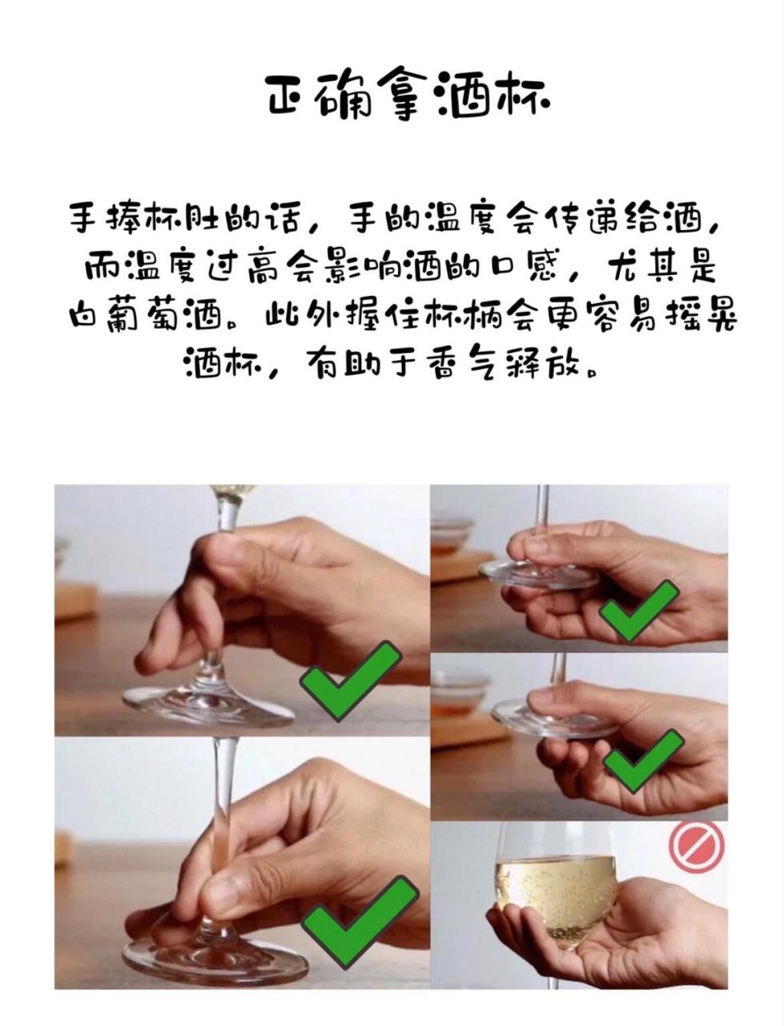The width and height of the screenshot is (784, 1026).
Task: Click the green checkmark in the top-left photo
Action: pyautogui.click(x=351, y=679)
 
